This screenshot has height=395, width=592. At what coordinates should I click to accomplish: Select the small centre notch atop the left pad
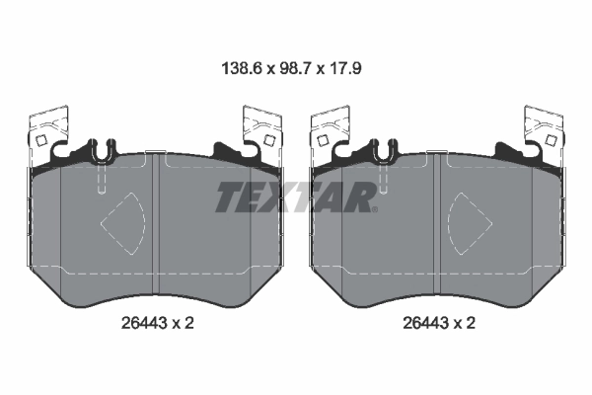tap(152, 153)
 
